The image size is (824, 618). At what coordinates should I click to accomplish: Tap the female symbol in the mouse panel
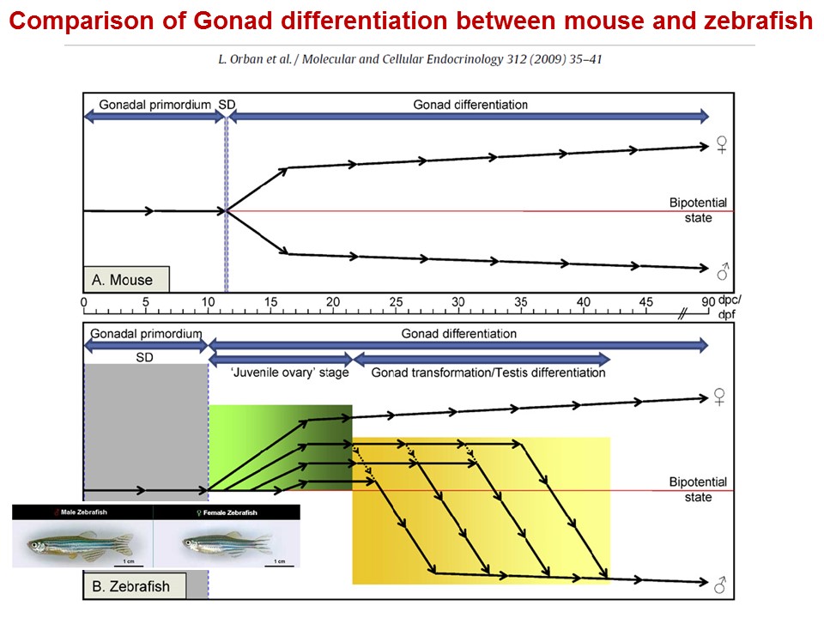click(x=722, y=147)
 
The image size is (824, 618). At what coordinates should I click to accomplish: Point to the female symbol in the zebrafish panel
click(x=720, y=397)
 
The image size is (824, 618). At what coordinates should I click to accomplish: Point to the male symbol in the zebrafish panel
click(x=722, y=586)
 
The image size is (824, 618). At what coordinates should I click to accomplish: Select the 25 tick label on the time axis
click(x=396, y=302)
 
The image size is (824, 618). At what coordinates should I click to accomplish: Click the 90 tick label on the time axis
click(x=708, y=302)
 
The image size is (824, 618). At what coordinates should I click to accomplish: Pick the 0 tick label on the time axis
click(x=83, y=302)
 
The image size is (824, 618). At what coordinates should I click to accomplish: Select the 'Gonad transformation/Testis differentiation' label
click(x=488, y=373)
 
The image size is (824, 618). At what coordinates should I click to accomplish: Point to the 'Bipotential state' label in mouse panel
click(x=697, y=210)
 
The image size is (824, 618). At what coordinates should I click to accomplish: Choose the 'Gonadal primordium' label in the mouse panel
click(x=154, y=105)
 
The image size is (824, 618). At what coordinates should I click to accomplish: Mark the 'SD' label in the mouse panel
click(x=227, y=105)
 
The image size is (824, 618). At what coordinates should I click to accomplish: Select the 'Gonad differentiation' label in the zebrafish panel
click(x=459, y=333)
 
